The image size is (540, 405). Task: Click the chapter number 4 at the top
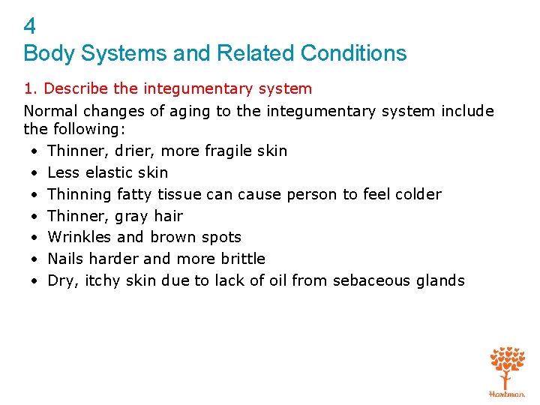tap(30, 27)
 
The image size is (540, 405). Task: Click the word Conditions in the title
tap(353, 53)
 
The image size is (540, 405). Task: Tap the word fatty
tap(135, 194)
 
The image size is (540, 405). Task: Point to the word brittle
tap(241, 259)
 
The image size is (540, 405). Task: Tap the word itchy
tap(102, 280)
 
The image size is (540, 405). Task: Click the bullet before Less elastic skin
tap(35, 172)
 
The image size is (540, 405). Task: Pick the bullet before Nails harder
tap(35, 259)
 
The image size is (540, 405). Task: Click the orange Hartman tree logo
tap(508, 370)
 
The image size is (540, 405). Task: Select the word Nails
tap(65, 259)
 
